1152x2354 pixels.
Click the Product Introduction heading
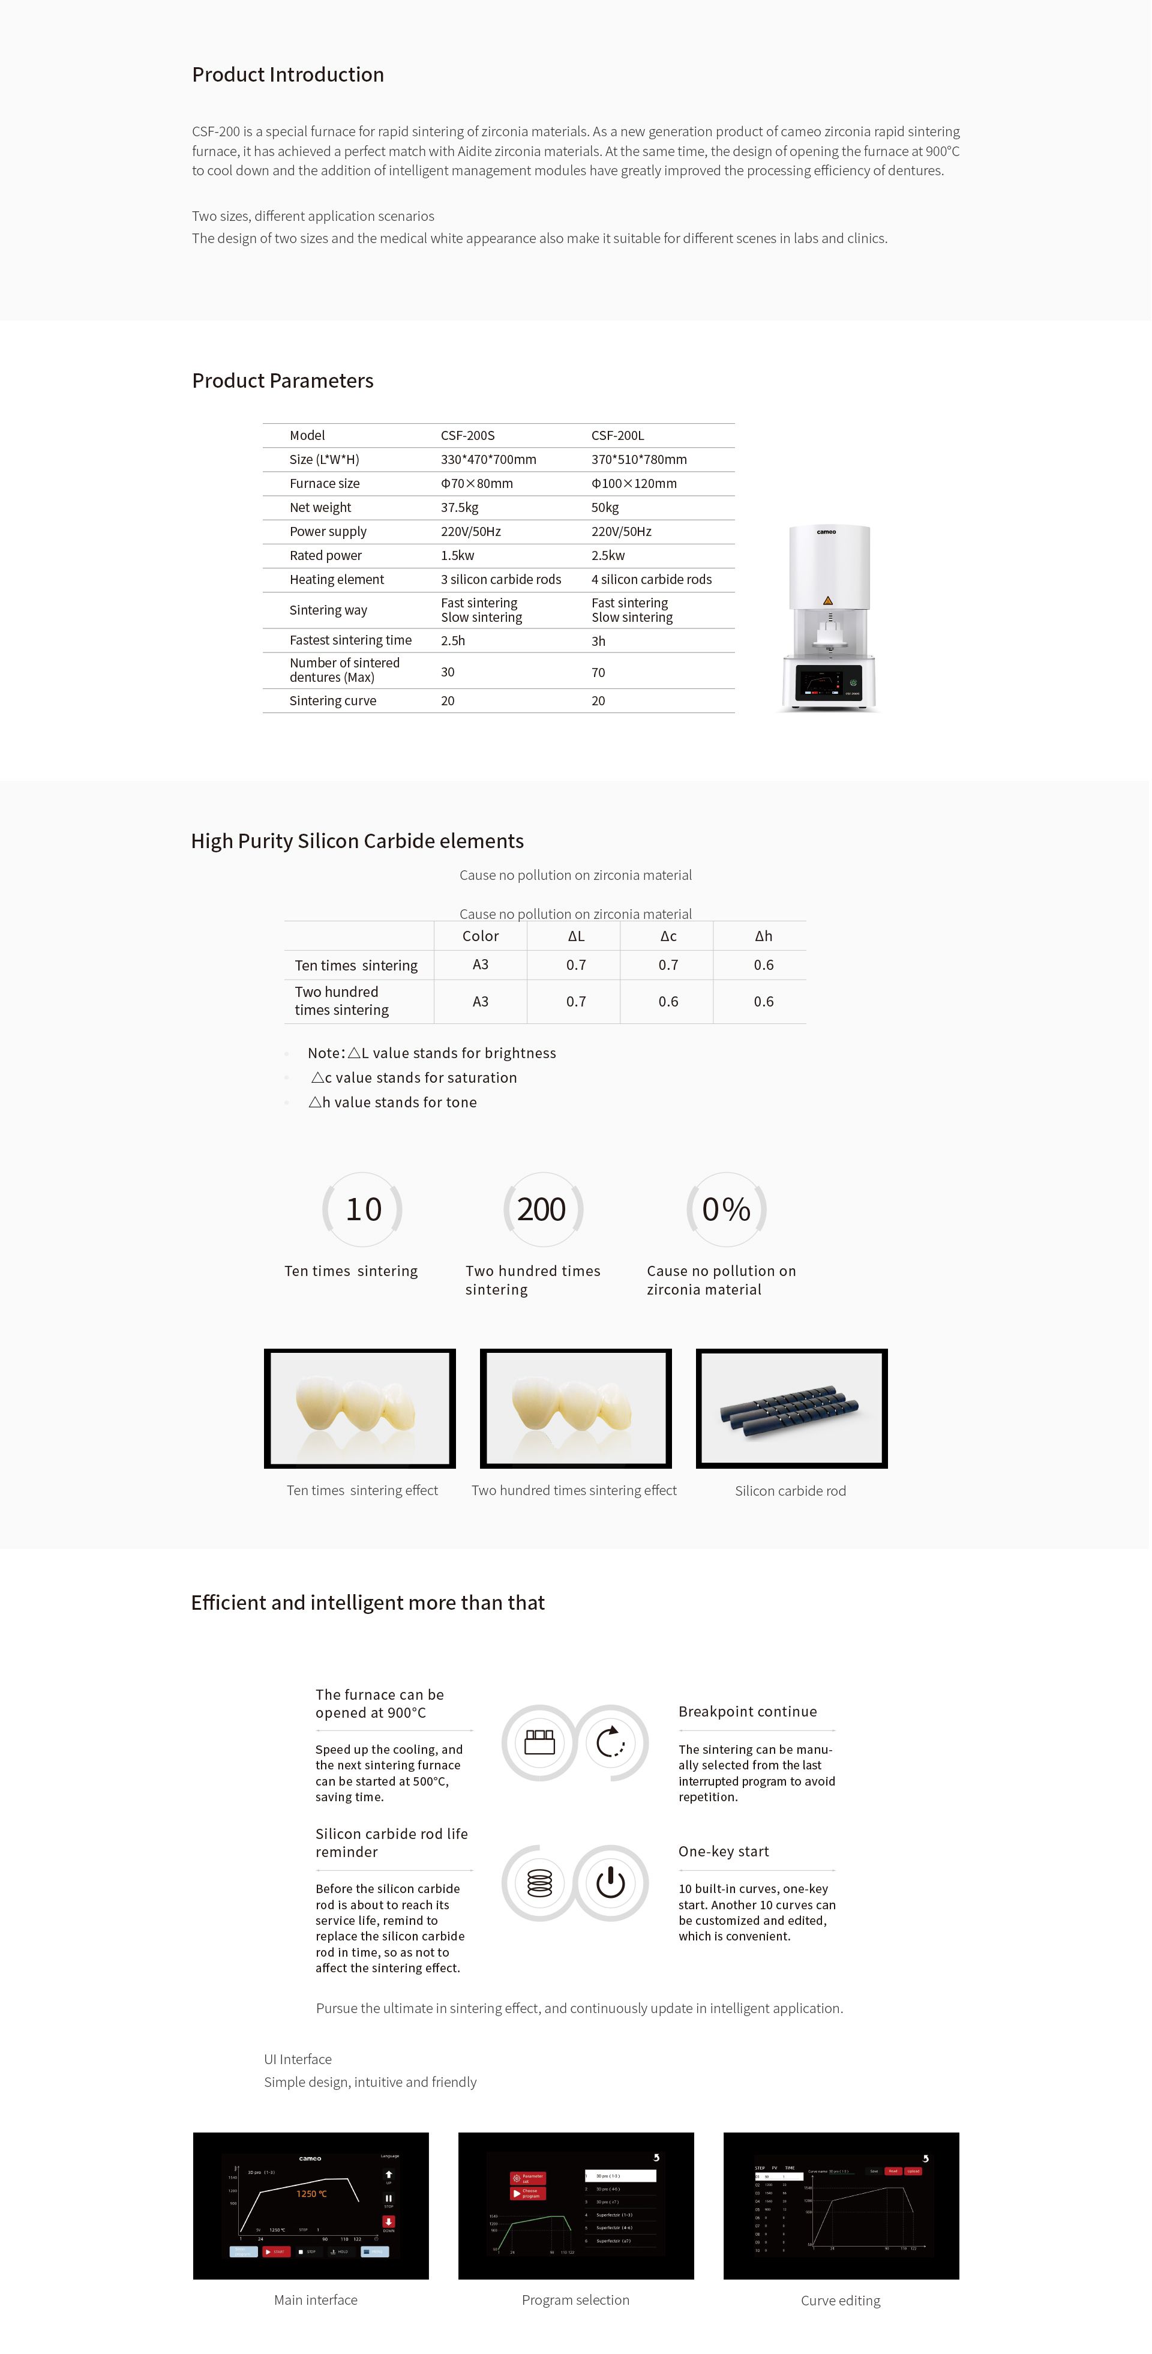pos(288,75)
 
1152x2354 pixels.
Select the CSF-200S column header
pos(468,436)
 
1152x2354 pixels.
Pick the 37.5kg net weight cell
pos(460,507)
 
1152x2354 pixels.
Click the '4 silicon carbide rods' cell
pos(652,579)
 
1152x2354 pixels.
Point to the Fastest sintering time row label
pos(350,640)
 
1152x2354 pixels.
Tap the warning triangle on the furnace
pos(827,600)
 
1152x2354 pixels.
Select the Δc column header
pos(668,936)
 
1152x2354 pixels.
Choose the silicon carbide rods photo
pos(791,1408)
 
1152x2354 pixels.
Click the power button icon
pos(610,1882)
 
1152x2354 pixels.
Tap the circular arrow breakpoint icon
pos(610,1742)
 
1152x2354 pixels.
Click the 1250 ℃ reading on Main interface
pos(311,2193)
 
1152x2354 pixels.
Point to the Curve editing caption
pos(841,2300)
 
